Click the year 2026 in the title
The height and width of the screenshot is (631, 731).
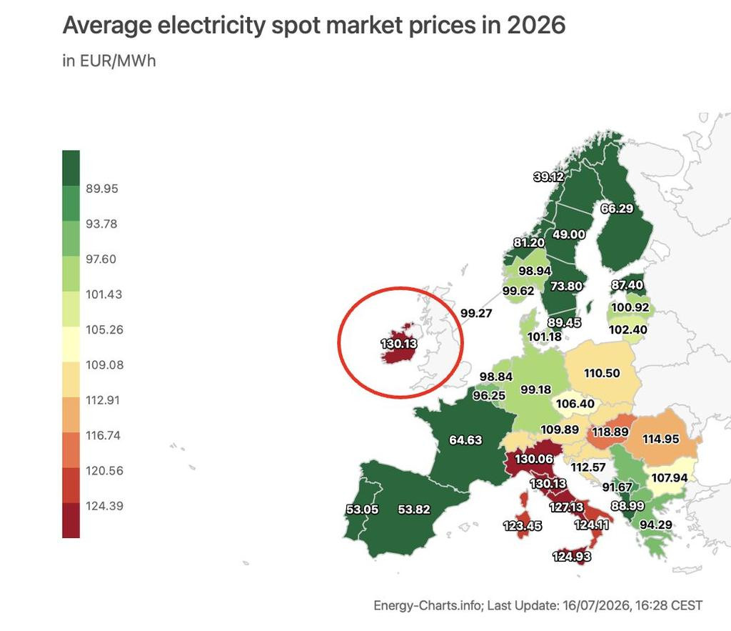536,25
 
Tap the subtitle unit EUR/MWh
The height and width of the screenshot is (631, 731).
118,61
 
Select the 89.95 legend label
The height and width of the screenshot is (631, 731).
102,189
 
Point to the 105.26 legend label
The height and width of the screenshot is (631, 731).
104,329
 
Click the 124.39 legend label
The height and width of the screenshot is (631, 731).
104,506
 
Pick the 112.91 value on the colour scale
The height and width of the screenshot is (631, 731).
103,400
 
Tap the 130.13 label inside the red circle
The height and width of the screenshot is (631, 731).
399,344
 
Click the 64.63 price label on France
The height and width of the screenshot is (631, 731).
465,440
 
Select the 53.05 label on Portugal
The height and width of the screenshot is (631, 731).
362,510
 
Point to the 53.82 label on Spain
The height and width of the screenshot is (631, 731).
414,510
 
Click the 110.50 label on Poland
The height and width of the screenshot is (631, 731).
602,373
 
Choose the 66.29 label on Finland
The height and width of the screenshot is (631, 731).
617,208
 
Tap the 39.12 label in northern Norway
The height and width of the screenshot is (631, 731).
549,177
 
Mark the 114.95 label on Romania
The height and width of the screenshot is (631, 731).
660,439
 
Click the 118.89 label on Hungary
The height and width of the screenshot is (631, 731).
610,432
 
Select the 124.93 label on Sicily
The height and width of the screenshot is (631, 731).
572,557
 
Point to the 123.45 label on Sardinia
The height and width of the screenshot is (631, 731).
522,526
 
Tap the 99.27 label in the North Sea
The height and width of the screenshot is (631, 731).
476,313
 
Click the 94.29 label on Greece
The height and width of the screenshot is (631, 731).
655,525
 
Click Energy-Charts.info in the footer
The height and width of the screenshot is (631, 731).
428,606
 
